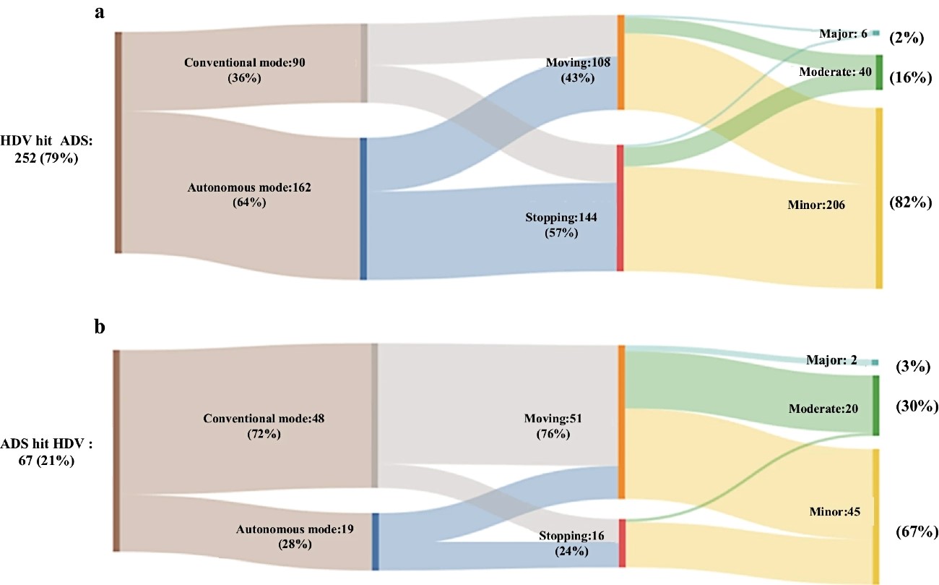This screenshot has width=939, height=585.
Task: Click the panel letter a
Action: [x=100, y=12]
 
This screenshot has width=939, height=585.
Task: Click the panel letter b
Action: [x=100, y=326]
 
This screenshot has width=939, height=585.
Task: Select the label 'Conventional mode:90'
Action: [x=244, y=62]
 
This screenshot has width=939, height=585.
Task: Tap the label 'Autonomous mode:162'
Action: [x=249, y=187]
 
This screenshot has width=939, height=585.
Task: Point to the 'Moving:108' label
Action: [x=578, y=62]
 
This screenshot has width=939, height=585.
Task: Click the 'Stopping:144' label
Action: [x=561, y=218]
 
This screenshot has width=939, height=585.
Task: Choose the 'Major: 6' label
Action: [x=843, y=33]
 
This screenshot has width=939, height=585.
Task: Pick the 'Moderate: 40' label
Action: [x=835, y=72]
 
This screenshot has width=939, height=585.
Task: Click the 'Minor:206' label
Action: [x=816, y=205]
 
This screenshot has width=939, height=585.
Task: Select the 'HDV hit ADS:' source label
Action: [x=46, y=140]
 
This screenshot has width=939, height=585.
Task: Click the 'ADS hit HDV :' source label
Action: [x=46, y=443]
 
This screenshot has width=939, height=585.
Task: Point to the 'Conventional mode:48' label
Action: [x=264, y=419]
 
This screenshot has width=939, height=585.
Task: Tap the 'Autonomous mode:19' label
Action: [x=295, y=529]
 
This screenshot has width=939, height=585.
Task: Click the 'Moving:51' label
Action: [x=553, y=419]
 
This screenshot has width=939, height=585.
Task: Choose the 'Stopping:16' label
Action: [x=571, y=536]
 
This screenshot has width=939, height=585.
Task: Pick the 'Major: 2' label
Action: [x=831, y=360]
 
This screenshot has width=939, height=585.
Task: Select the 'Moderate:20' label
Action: [x=823, y=409]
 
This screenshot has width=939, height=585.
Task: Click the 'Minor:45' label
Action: [x=834, y=511]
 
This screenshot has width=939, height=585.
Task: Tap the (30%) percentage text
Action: [x=917, y=406]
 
